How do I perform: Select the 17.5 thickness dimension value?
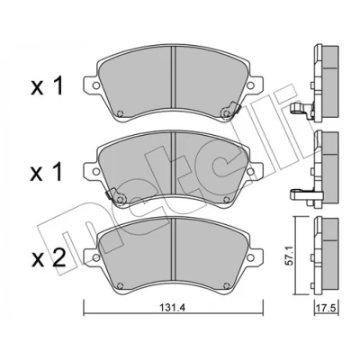[x=327, y=308]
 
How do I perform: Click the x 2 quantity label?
[x=49, y=258]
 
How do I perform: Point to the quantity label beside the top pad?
[x=47, y=85]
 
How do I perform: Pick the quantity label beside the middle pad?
[x=47, y=172]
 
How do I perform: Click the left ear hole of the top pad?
[x=96, y=85]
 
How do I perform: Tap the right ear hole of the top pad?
[x=250, y=85]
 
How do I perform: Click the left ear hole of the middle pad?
[x=96, y=171]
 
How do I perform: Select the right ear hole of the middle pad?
[x=250, y=171]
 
